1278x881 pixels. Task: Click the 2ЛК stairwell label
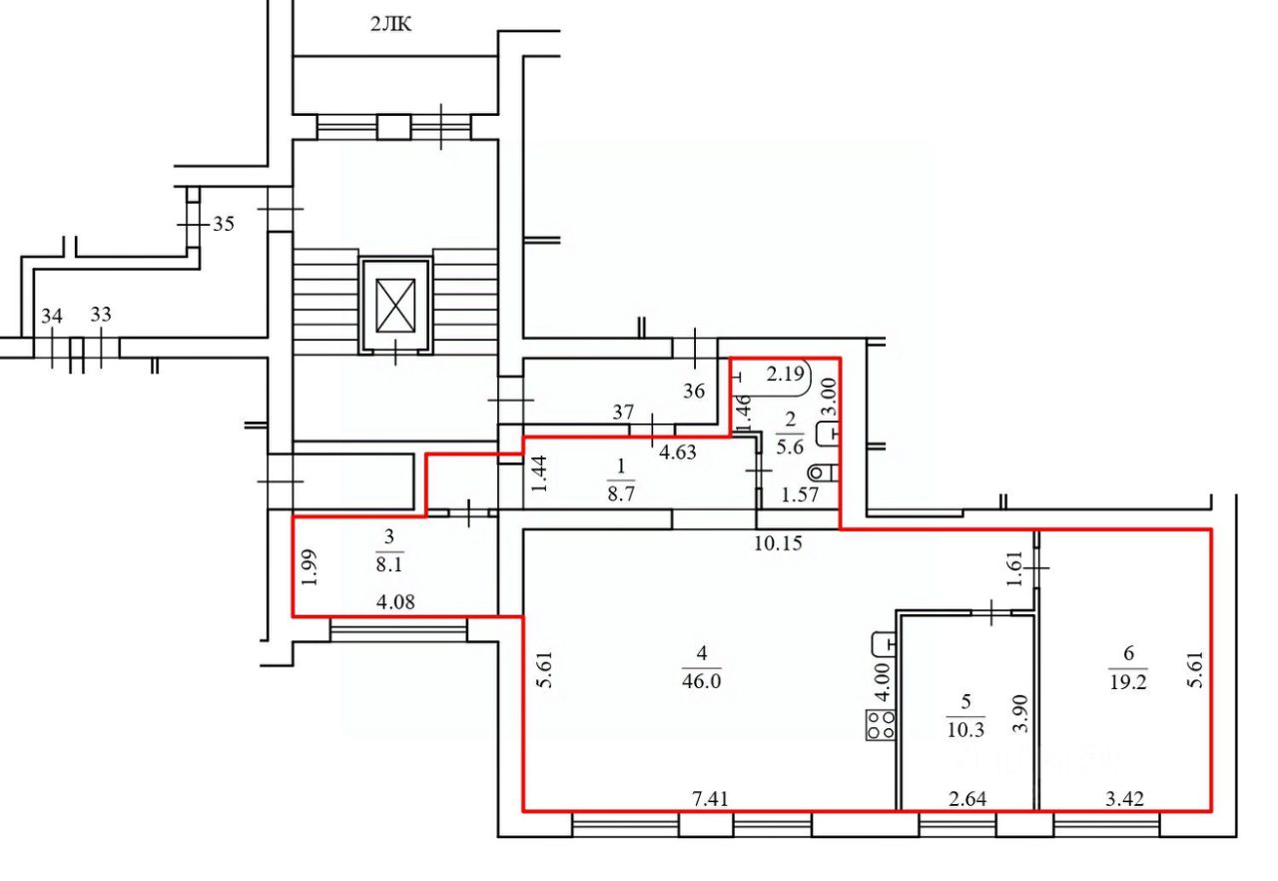(x=391, y=25)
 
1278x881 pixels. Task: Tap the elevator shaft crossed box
(x=395, y=306)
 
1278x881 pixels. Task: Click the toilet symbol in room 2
(x=824, y=472)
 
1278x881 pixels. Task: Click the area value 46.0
(x=701, y=681)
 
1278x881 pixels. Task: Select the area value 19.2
(x=1128, y=681)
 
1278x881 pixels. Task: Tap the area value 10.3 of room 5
(x=965, y=730)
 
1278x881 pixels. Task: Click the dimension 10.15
(x=778, y=543)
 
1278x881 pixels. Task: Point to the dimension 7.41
(x=710, y=799)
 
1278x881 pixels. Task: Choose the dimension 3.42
(x=1124, y=799)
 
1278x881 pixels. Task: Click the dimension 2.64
(x=967, y=799)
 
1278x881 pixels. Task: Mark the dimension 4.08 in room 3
(x=395, y=602)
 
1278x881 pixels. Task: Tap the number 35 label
(x=223, y=224)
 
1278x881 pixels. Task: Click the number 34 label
(x=51, y=316)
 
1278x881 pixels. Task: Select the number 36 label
(x=694, y=392)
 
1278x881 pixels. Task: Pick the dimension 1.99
(x=310, y=567)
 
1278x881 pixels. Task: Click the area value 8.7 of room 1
(x=621, y=493)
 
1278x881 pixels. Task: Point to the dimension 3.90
(x=1021, y=713)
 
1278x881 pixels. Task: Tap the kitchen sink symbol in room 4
(x=884, y=644)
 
